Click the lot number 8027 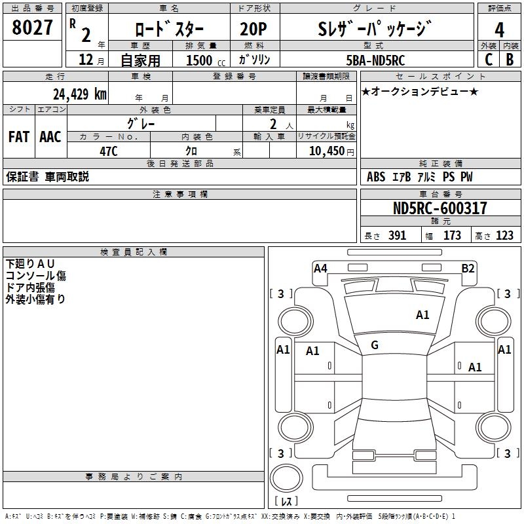pyautogui.click(x=33, y=29)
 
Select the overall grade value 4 pyautogui.click(x=499, y=30)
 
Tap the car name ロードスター pyautogui.click(x=169, y=29)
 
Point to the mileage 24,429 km pyautogui.click(x=80, y=94)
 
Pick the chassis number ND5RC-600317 pyautogui.click(x=440, y=208)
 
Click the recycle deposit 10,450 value pyautogui.click(x=326, y=151)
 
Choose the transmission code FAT pyautogui.click(x=19, y=137)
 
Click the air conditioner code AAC pyautogui.click(x=50, y=137)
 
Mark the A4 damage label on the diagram pyautogui.click(x=320, y=268)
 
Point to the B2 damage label pyautogui.click(x=468, y=268)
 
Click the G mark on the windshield pyautogui.click(x=375, y=345)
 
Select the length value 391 pyautogui.click(x=397, y=236)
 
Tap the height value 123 pyautogui.click(x=504, y=236)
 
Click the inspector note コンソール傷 pyautogui.click(x=36, y=276)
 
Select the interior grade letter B pyautogui.click(x=510, y=60)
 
